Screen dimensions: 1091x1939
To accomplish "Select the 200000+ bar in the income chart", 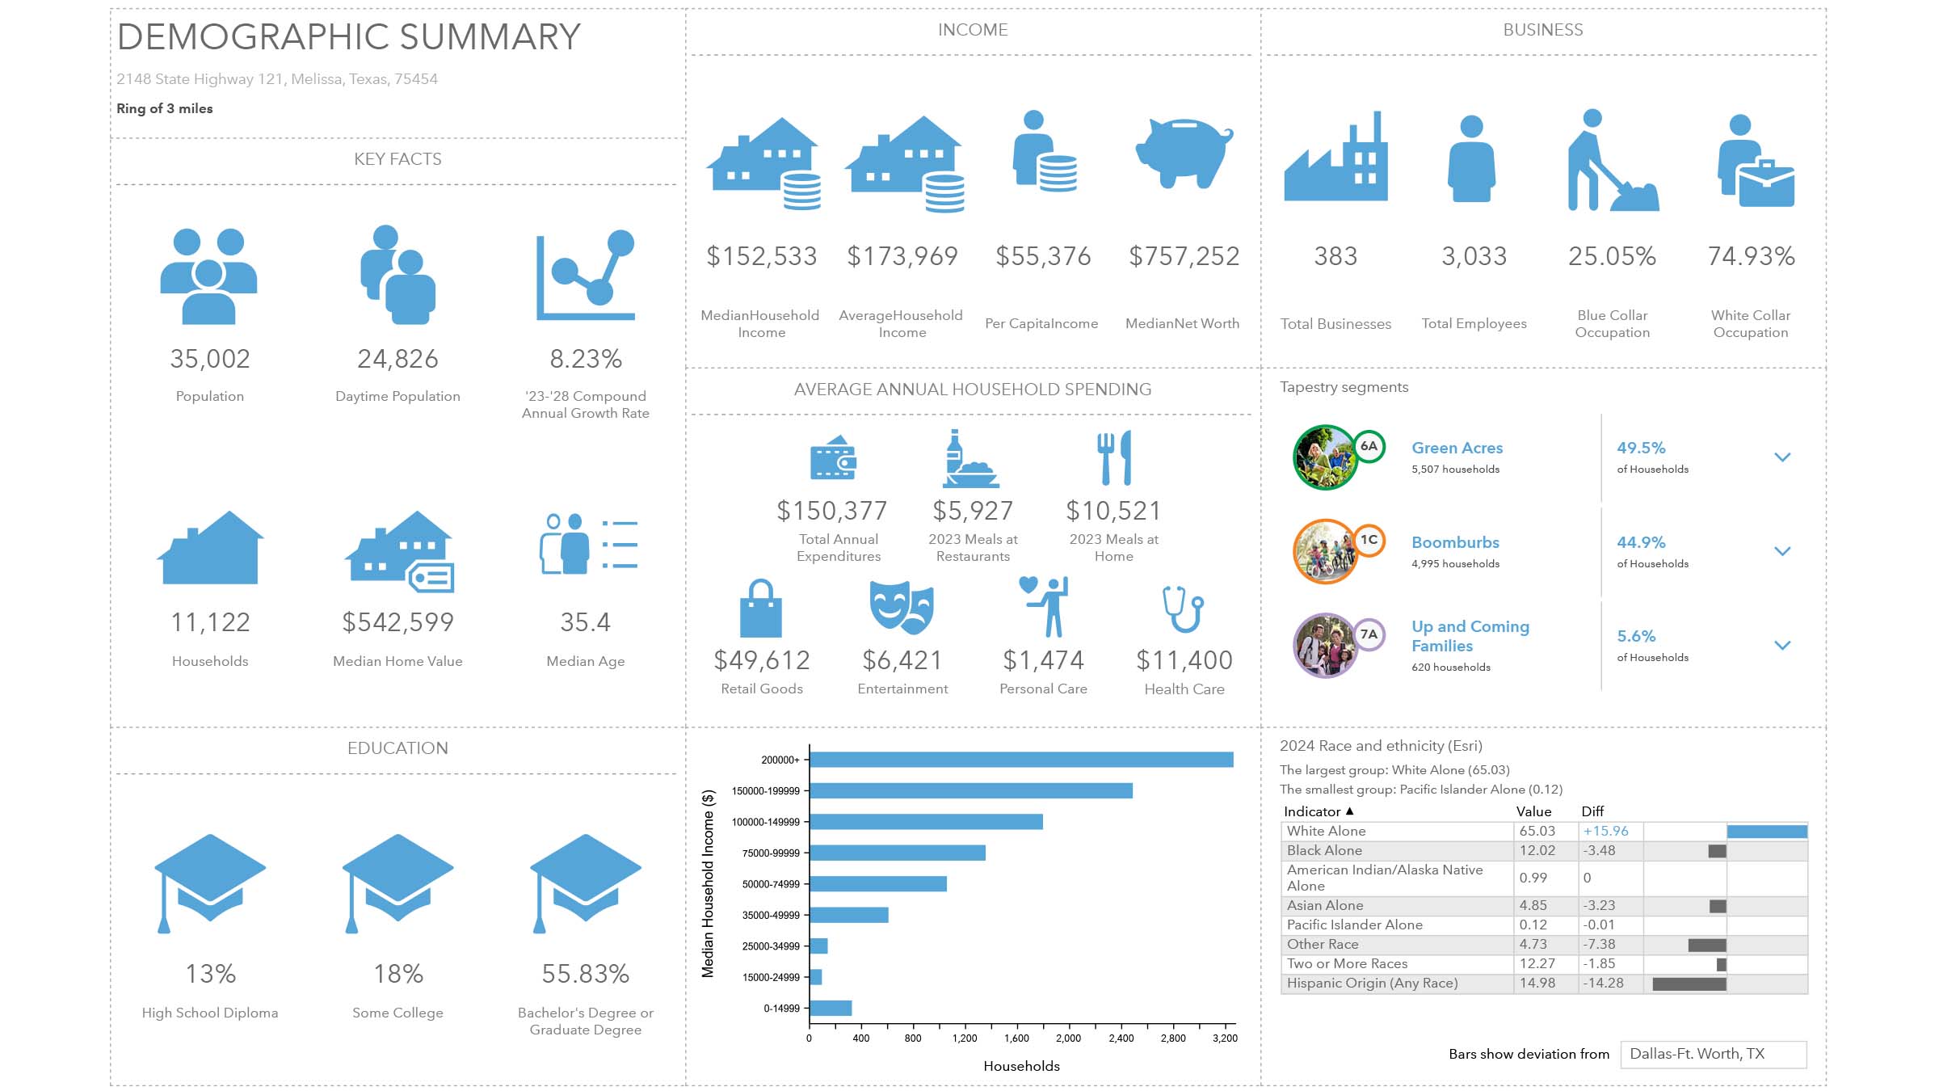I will click(x=1021, y=760).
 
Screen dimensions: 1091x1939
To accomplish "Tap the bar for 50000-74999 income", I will click(x=878, y=884).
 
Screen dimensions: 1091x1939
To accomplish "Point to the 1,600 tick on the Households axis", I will click(x=1016, y=1038).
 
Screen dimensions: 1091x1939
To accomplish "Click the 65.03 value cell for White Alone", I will click(x=1537, y=831).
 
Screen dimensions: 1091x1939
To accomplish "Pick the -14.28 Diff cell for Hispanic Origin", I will click(x=1603, y=984).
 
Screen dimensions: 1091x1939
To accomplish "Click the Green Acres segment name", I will click(x=1457, y=448).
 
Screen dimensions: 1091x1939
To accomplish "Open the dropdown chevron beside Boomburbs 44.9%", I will click(x=1782, y=551).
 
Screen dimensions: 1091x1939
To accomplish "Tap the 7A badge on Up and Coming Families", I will click(x=1369, y=634).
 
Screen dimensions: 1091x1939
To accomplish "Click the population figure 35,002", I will click(x=210, y=359).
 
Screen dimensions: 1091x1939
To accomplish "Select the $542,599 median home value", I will click(x=397, y=622).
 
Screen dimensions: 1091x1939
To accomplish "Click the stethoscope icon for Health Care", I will click(x=1184, y=609).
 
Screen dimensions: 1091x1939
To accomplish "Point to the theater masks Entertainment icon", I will click(x=902, y=607).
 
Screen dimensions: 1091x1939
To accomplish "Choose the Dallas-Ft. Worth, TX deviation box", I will click(x=1713, y=1054).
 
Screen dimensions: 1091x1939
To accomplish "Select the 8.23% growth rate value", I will click(x=586, y=359).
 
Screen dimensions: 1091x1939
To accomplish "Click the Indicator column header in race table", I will click(x=1312, y=811).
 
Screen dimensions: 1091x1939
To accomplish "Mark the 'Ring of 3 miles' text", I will click(x=165, y=108).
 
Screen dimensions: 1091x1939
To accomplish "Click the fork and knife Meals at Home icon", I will click(x=1114, y=457).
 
